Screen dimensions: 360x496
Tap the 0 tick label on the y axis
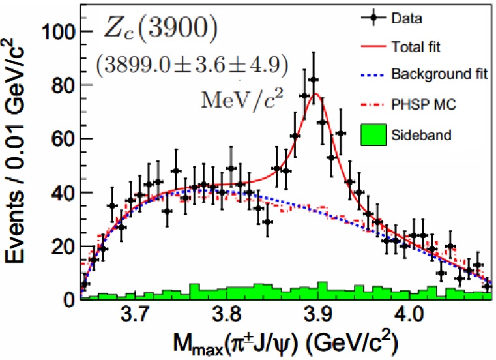pyautogui.click(x=68, y=299)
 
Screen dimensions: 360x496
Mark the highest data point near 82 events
pyautogui.click(x=314, y=79)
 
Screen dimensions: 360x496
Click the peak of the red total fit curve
pyautogui.click(x=316, y=93)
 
